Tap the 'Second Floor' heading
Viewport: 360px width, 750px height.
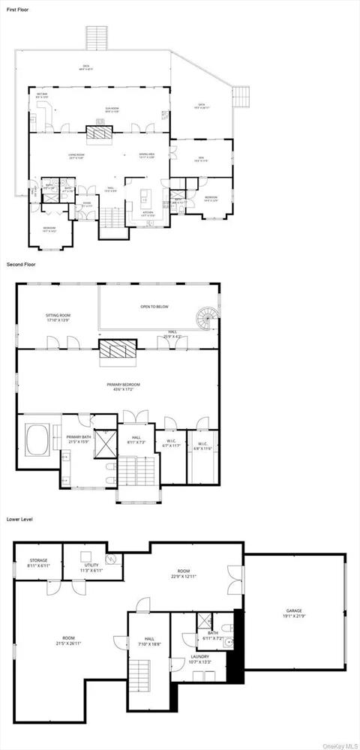pyautogui.click(x=21, y=265)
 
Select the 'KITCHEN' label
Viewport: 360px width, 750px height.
pyautogui.click(x=148, y=213)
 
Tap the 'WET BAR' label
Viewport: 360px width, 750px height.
pyautogui.click(x=42, y=94)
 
